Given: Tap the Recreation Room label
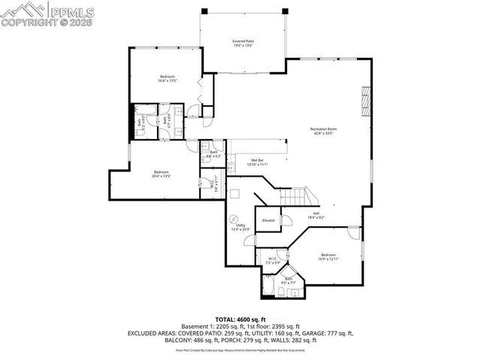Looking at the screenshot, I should pyautogui.click(x=323, y=129).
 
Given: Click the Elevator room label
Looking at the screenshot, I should pyautogui.click(x=268, y=220).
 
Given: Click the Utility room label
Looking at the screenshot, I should pyautogui.click(x=240, y=225).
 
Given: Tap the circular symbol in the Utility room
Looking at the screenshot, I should pyautogui.click(x=232, y=219).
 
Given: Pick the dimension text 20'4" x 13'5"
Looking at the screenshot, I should pyautogui.click(x=162, y=176).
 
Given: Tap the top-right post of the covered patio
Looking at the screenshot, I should pyautogui.click(x=285, y=11).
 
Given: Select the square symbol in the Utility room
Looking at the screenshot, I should pyautogui.click(x=235, y=194).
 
